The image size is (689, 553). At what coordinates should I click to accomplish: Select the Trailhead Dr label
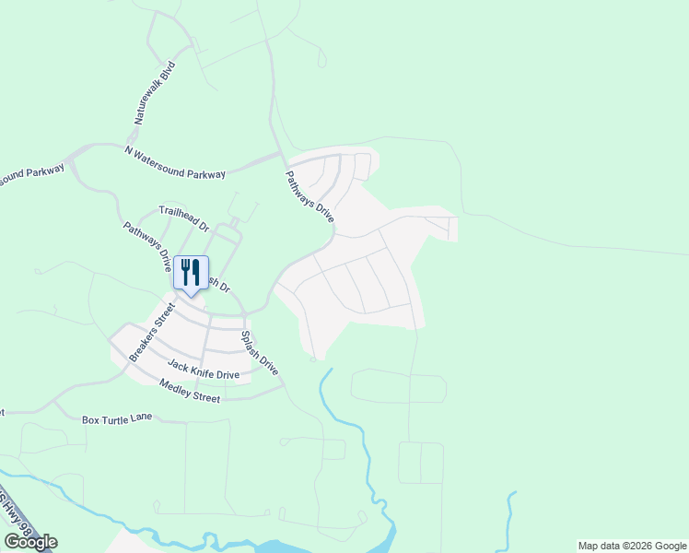[184, 218]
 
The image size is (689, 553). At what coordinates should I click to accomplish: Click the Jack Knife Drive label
[203, 371]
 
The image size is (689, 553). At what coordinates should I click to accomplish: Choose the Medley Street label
[189, 391]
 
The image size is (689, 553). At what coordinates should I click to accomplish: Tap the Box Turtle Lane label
[117, 419]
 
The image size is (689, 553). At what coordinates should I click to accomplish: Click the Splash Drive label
[260, 352]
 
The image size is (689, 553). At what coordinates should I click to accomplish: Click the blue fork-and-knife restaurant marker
[191, 274]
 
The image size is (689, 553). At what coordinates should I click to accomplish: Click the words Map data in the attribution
[599, 546]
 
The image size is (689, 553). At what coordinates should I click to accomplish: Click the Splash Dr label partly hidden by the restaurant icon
[219, 284]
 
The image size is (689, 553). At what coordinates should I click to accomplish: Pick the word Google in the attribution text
[671, 546]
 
